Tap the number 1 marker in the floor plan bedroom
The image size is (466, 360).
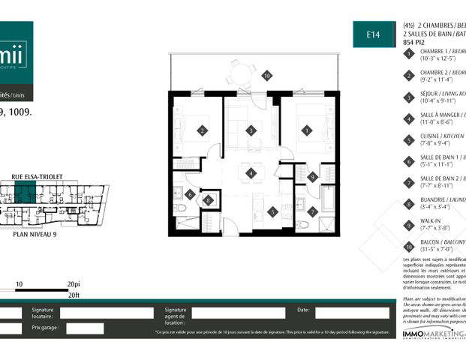tap(305, 130)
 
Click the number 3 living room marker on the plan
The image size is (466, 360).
tap(251, 130)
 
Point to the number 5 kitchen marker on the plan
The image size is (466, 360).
tap(272, 211)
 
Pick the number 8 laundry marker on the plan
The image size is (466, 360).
tap(208, 200)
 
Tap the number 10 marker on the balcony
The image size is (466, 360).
tap(265, 76)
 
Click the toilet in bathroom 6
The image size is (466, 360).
tap(181, 209)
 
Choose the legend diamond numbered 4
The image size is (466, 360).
tap(409, 118)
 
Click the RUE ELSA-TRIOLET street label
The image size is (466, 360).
tap(37, 177)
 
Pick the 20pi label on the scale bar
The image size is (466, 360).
tap(73, 285)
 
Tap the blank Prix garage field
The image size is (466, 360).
tap(85, 328)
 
